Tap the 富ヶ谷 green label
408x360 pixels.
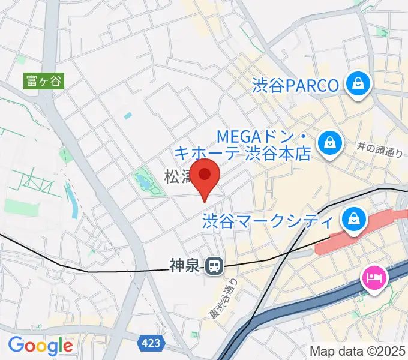pyautogui.click(x=43, y=80)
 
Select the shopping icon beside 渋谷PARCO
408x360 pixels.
pyautogui.click(x=358, y=85)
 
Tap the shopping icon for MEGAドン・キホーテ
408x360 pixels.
pyautogui.click(x=329, y=142)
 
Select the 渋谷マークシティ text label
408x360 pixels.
pyautogui.click(x=268, y=221)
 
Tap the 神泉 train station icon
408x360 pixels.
pyautogui.click(x=213, y=265)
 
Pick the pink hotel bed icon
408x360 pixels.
pyautogui.click(x=374, y=278)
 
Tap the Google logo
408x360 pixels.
pyautogui.click(x=40, y=346)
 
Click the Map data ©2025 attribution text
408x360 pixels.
pyautogui.click(x=357, y=350)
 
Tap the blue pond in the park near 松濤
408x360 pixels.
pyautogui.click(x=143, y=180)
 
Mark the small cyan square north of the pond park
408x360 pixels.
pyautogui.click(x=127, y=115)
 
